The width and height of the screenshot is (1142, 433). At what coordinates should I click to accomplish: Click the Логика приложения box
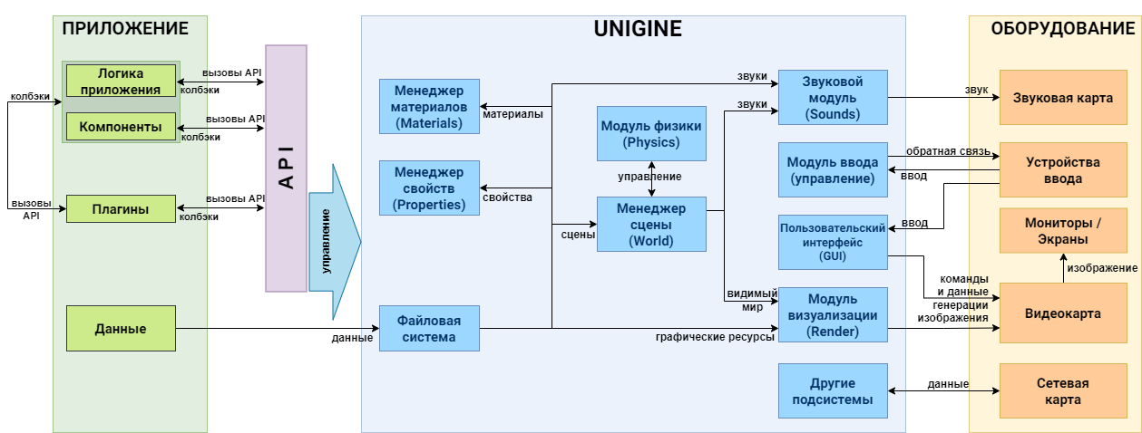point(121,81)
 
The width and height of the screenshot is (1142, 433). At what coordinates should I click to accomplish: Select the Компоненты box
point(121,126)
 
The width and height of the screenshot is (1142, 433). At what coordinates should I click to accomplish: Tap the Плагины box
point(121,209)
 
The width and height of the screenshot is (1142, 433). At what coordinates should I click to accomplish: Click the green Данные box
point(121,329)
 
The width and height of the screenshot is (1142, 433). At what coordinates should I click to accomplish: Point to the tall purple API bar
point(286,168)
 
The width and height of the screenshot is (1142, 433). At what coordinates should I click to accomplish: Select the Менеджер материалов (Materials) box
point(429,107)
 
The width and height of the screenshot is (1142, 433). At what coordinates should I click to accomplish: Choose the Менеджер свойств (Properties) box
point(429,188)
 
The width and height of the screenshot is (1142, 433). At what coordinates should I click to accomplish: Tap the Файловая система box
point(429,329)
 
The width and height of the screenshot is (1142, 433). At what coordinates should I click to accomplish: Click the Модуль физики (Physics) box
point(651,133)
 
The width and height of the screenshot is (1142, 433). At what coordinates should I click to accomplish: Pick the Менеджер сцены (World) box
point(651,224)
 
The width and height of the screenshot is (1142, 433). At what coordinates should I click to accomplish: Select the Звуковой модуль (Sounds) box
point(833,97)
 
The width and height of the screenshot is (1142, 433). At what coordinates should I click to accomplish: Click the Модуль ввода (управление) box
point(833,169)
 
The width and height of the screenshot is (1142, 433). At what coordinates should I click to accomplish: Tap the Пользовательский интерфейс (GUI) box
point(833,242)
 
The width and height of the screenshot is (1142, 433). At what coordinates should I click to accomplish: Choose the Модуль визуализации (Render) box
point(833,315)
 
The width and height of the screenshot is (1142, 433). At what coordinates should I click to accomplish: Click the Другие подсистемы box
point(833,390)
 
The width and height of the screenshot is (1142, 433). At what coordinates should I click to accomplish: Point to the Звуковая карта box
point(1063,97)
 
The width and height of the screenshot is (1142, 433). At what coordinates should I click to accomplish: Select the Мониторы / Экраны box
point(1063,230)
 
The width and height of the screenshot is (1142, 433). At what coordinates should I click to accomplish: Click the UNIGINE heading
point(638,28)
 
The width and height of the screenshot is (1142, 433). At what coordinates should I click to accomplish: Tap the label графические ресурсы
point(715,337)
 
